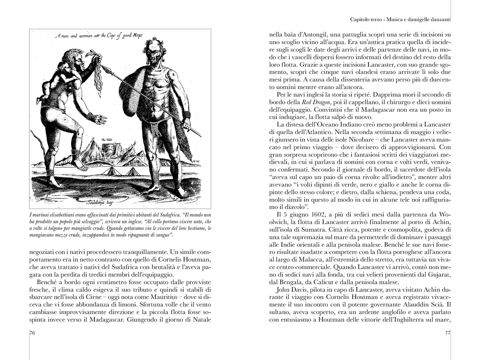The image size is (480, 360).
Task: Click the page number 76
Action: coord(33,333)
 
